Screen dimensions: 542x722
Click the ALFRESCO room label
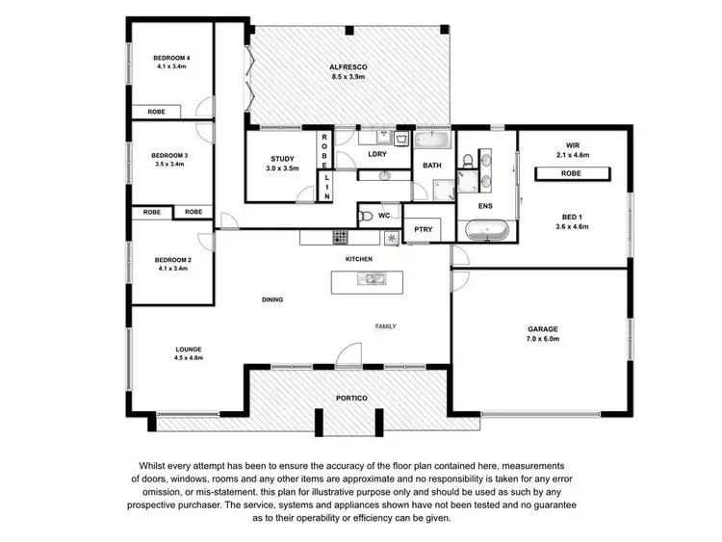click(x=348, y=66)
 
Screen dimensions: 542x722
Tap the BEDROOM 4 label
click(x=171, y=59)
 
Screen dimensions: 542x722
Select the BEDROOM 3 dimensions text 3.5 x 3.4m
click(x=168, y=165)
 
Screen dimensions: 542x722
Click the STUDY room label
click(x=282, y=159)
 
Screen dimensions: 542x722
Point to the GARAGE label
click(x=542, y=329)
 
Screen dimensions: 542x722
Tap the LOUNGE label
click(x=188, y=348)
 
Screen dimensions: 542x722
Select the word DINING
click(x=272, y=300)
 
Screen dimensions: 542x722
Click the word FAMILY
click(x=385, y=326)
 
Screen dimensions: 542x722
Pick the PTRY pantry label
click(x=422, y=229)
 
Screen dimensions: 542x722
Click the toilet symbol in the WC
click(x=365, y=217)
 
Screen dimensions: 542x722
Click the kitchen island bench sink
click(x=371, y=279)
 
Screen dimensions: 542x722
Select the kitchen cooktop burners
click(x=340, y=236)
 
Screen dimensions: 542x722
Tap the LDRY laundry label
click(x=377, y=153)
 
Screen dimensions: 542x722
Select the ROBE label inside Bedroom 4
click(x=156, y=112)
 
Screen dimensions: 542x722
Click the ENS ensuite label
click(x=485, y=205)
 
